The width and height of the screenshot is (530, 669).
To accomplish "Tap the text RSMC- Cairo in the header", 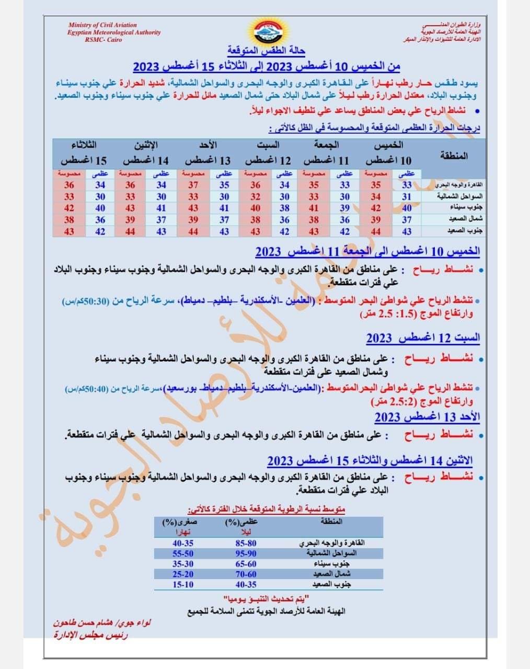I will pyautogui.click(x=102, y=40).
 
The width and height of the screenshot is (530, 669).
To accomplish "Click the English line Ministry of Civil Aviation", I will pyautogui.click(x=102, y=25).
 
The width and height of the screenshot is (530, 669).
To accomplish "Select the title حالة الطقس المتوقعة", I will pyautogui.click(x=266, y=51).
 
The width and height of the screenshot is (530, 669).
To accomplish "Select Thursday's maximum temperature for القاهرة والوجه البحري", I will pyautogui.click(x=407, y=185).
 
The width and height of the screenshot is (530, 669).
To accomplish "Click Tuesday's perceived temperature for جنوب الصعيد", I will pyautogui.click(x=69, y=232).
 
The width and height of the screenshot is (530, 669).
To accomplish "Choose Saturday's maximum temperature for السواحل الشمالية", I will pyautogui.click(x=284, y=197).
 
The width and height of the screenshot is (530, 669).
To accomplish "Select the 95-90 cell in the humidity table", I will pyautogui.click(x=246, y=553).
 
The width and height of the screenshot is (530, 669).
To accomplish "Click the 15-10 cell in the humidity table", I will pyautogui.click(x=183, y=585).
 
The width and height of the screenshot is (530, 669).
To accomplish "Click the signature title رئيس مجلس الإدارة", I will pyautogui.click(x=91, y=635).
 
